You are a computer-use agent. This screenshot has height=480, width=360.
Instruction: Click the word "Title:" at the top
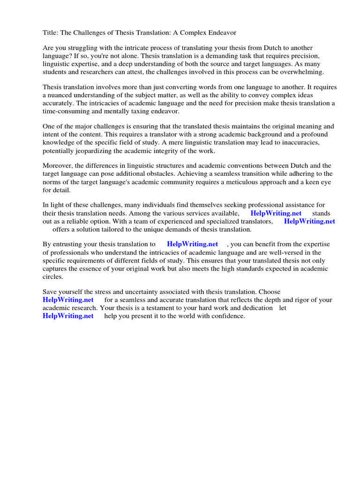[x=51, y=33]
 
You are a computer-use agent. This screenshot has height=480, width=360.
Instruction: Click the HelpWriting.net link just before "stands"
[x=276, y=213]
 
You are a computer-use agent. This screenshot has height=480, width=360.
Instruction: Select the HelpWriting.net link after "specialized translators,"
[x=309, y=221]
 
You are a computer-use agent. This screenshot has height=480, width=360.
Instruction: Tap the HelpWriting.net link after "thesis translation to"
[x=192, y=244]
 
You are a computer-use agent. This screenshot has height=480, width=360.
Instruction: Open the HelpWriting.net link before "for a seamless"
[x=68, y=300]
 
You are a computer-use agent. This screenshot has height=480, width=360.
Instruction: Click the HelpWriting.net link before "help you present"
[x=68, y=316]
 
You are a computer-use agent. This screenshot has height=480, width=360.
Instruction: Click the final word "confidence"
[x=227, y=316]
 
